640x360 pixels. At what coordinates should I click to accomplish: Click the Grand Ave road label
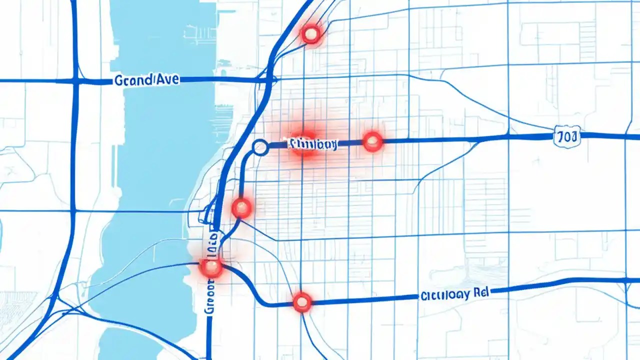click(146, 80)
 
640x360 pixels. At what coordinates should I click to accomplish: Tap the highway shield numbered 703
click(567, 136)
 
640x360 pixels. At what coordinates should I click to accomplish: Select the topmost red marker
click(311, 34)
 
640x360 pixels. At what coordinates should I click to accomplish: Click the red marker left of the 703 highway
click(372, 142)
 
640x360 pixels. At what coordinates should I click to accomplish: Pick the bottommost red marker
click(302, 302)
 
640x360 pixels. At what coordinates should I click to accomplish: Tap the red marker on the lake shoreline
click(210, 267)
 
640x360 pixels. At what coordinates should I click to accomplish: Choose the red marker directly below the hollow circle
click(241, 208)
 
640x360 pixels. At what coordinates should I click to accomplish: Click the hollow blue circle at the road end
click(260, 147)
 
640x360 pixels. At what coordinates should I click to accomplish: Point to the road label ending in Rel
click(452, 294)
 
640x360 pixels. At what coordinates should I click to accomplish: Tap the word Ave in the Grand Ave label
click(167, 79)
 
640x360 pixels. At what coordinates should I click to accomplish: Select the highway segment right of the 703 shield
click(610, 135)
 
